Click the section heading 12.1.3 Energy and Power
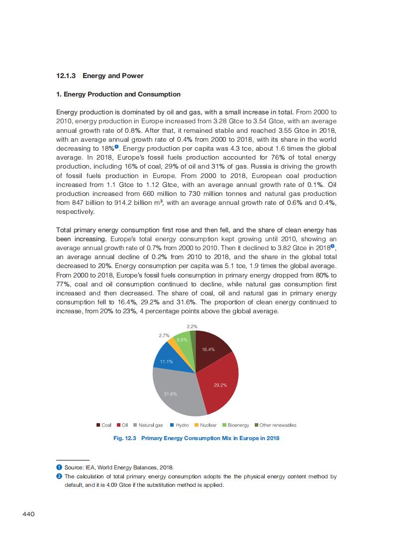[x=100, y=76]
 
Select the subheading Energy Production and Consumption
[x=118, y=94]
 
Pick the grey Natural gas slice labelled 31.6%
[x=172, y=393]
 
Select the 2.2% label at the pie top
[x=193, y=326]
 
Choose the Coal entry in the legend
[x=104, y=425]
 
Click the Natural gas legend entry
[x=148, y=425]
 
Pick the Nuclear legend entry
[x=205, y=425]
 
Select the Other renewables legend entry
[x=275, y=425]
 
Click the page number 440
[x=28, y=514]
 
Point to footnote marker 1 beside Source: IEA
[x=59, y=467]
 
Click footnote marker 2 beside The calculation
[x=59, y=476]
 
